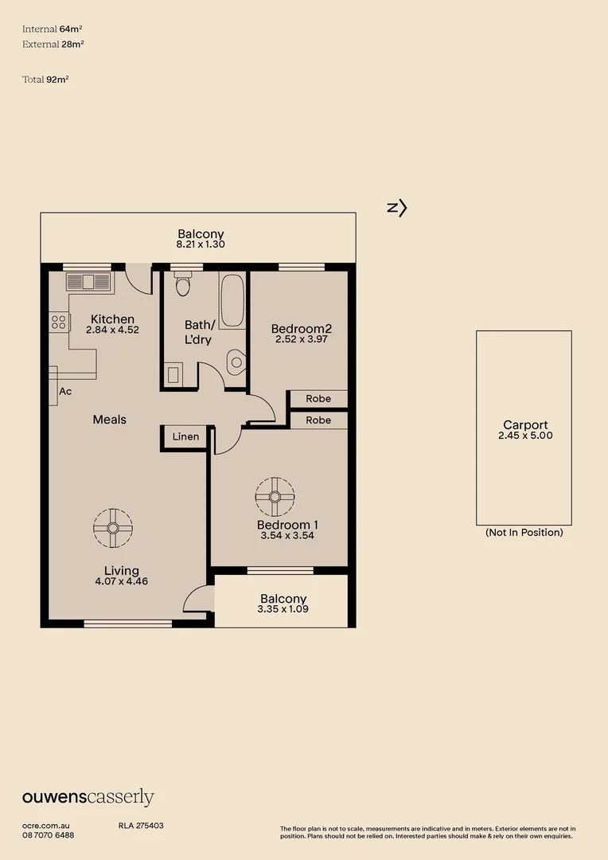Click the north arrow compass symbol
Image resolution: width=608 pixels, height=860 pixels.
397,208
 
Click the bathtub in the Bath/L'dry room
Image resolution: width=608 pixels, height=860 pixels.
232,301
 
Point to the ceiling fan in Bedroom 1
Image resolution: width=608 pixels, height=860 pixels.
275,496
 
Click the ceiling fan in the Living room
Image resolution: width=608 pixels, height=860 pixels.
112,527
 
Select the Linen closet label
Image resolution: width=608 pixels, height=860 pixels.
185,437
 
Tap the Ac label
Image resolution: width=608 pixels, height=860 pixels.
65,392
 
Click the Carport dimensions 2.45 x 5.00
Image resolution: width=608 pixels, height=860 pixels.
524,436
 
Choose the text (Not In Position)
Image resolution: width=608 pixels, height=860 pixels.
524,533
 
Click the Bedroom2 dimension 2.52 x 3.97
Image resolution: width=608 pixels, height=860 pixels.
301,339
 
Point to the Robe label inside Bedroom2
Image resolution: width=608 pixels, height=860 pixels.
318,398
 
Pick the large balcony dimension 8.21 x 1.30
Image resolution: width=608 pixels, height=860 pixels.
201,244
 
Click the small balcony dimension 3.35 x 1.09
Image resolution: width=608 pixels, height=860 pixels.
283,609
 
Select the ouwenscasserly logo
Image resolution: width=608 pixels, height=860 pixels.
88,797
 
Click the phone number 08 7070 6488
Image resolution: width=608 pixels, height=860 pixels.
49,835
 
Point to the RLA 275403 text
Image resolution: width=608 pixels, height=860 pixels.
141,826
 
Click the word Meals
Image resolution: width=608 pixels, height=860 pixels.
110,420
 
